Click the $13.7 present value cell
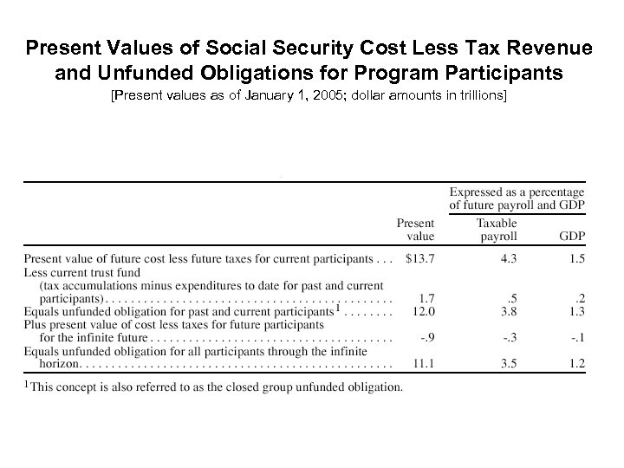[419, 258]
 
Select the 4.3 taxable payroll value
[509, 258]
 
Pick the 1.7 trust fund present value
[425, 299]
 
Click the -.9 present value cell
[425, 339]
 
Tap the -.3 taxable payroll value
[510, 339]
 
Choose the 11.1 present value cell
[423, 367]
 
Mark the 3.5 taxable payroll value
[509, 367]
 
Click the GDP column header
[571, 236]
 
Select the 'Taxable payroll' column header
[497, 230]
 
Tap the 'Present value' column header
[416, 230]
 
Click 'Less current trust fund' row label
[82, 272]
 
